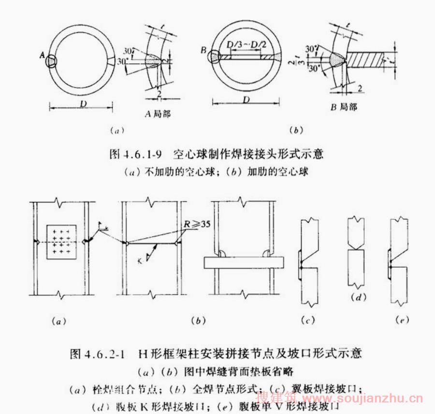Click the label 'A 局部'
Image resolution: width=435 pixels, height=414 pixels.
coord(158,114)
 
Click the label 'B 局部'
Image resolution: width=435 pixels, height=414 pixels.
coord(344,107)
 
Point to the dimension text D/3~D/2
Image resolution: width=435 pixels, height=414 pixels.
coord(246,45)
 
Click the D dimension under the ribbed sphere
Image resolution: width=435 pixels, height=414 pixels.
coord(246,99)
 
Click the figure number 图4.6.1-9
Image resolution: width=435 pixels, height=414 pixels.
coord(133,155)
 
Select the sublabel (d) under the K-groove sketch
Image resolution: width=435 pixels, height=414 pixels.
coord(358,298)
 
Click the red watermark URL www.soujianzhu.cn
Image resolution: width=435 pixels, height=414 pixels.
coord(369,399)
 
